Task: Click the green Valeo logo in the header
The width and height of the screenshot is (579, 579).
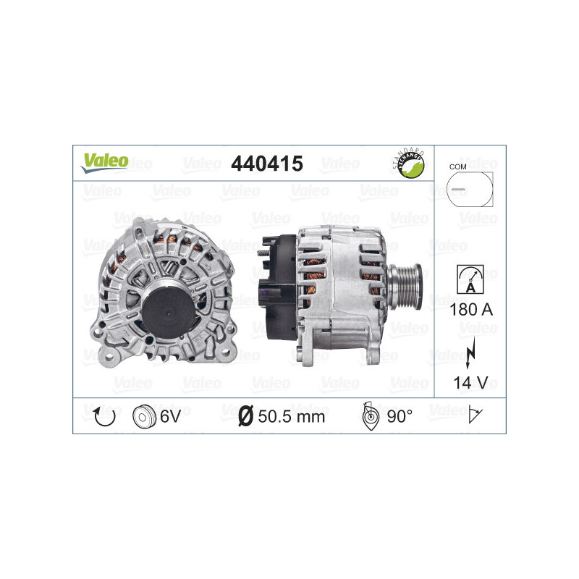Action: click(104, 162)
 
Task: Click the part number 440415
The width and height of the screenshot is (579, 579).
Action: click(266, 164)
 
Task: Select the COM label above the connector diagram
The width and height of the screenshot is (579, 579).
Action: click(457, 166)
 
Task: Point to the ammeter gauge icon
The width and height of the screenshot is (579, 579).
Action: click(470, 279)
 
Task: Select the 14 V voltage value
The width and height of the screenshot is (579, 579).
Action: click(470, 381)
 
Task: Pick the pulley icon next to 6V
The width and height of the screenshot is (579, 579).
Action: click(145, 415)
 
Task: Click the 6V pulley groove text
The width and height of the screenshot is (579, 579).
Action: click(172, 416)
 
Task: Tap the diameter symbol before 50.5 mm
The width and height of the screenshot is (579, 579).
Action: click(245, 416)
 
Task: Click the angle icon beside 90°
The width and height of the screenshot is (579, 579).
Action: click(369, 415)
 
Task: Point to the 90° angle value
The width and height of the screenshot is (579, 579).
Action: click(399, 416)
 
